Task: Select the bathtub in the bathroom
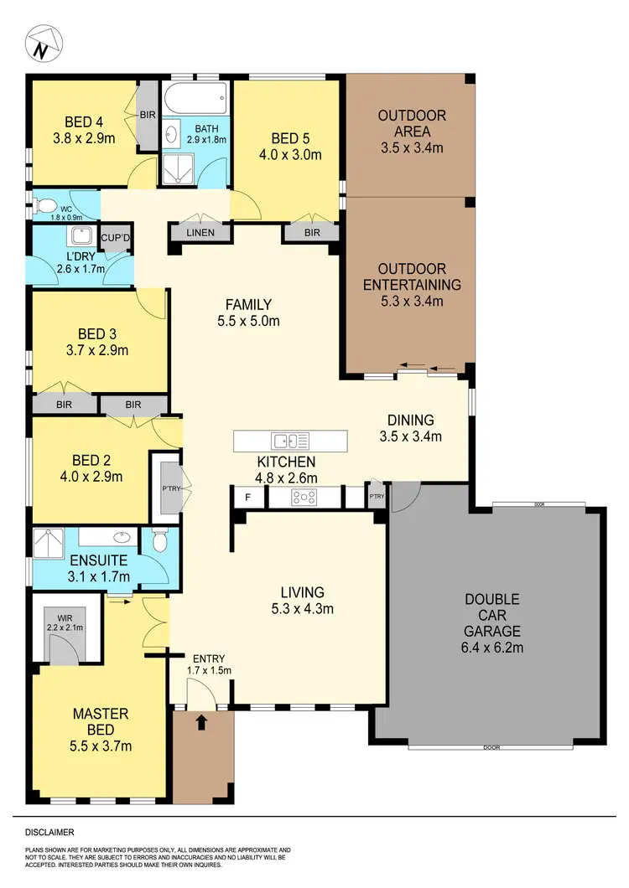[195, 101]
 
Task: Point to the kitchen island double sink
[290, 440]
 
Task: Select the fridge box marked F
[247, 497]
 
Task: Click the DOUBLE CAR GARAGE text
[493, 615]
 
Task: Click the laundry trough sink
[81, 237]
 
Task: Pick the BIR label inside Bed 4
[147, 115]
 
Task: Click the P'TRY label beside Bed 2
[166, 488]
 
